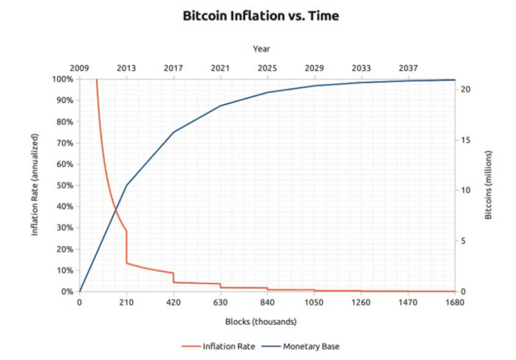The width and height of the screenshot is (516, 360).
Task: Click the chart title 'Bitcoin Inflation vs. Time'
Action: (260, 16)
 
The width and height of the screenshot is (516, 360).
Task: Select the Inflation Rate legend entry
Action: (223, 346)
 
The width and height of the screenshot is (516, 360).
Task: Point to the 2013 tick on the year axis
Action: (126, 68)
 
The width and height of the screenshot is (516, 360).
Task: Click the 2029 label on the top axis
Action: (314, 68)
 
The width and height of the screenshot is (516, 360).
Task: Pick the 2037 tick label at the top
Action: (408, 68)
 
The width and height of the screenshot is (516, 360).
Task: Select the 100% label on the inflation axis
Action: (62, 79)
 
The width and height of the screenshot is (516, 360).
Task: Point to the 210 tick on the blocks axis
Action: (126, 302)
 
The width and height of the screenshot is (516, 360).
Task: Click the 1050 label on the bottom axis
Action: (314, 302)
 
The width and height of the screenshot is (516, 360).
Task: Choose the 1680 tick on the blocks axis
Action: (454, 302)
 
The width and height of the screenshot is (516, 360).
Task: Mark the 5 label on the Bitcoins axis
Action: (464, 241)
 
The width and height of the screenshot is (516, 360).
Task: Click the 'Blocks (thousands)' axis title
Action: (260, 321)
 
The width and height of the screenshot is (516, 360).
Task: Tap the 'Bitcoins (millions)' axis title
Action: (489, 185)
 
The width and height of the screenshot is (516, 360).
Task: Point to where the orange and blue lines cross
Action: (116, 209)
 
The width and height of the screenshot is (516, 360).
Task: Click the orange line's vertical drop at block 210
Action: (127, 247)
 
